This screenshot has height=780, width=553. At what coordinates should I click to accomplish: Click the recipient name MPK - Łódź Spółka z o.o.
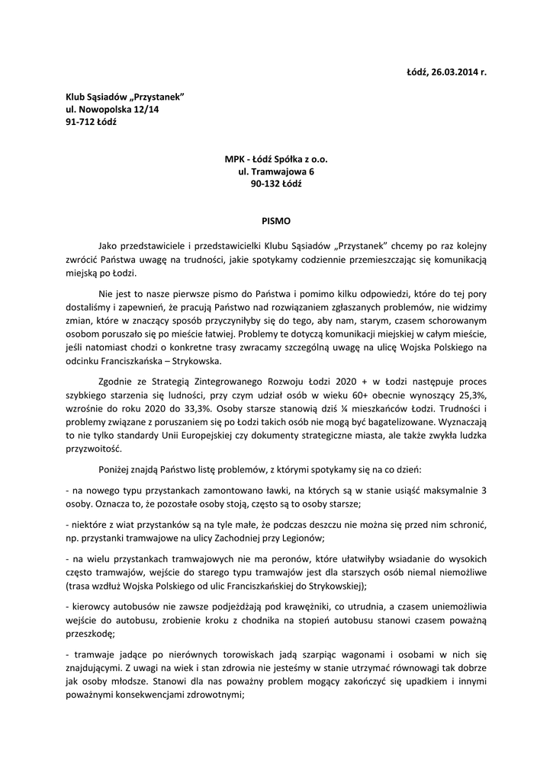coord(276,160)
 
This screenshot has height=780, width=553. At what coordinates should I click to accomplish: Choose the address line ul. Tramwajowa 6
coord(276,172)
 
